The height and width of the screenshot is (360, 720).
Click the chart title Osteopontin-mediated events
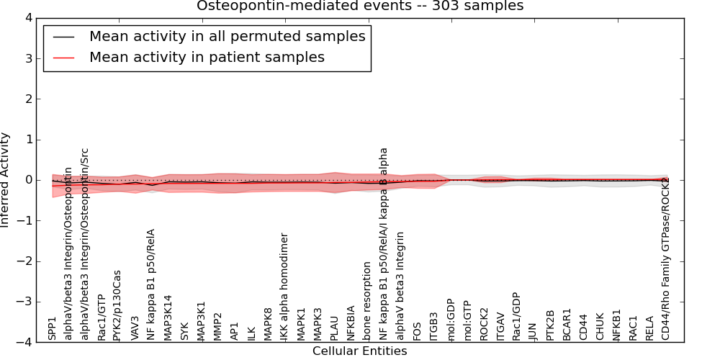[x=360, y=6]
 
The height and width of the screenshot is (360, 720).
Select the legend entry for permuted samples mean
[x=227, y=37]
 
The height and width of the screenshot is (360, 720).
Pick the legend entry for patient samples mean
[x=207, y=57]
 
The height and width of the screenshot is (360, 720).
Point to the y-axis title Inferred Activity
[x=6, y=180]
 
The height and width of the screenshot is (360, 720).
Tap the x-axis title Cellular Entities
[x=359, y=351]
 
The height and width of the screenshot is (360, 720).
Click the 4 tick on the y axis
[x=27, y=18]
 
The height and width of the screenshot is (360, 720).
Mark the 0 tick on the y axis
[x=27, y=180]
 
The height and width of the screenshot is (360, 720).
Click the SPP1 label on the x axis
[x=52, y=328]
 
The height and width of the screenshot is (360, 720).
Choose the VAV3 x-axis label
[x=135, y=327]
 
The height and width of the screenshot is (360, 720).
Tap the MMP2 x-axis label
[x=217, y=326]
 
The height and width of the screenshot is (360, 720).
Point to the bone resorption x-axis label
[x=367, y=301]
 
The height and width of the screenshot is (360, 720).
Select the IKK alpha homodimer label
[x=284, y=287]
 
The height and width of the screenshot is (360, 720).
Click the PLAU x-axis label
[x=334, y=328]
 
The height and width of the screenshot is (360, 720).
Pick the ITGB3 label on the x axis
[x=433, y=326]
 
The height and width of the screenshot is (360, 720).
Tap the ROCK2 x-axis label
[x=484, y=325]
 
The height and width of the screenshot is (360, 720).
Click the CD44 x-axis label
[x=583, y=328]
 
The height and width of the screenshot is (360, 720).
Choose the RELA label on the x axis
[x=649, y=328]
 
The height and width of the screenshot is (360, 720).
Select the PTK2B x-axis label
[x=550, y=325]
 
